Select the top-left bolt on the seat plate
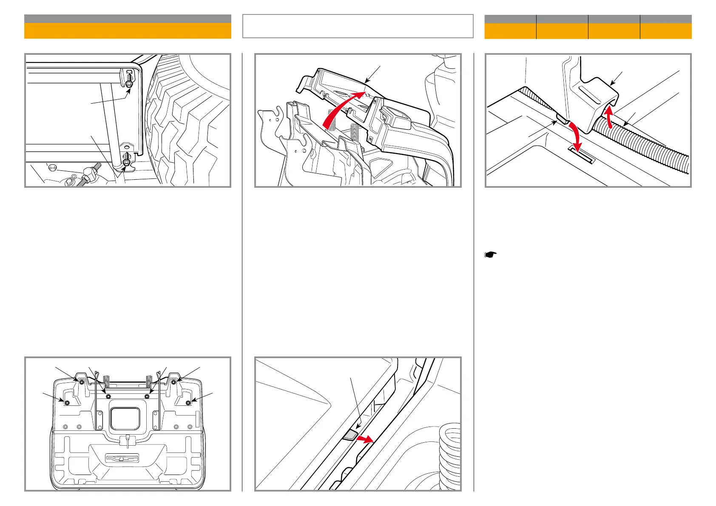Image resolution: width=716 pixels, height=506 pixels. [81, 382]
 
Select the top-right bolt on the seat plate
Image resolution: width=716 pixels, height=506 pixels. [174, 382]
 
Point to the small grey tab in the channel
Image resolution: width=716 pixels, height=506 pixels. [350, 435]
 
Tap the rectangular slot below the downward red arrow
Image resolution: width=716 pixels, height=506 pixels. [581, 155]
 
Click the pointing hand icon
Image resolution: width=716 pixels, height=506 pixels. [491, 255]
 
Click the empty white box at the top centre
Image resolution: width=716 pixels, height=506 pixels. [358, 26]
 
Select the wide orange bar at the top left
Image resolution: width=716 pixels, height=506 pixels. [128, 31]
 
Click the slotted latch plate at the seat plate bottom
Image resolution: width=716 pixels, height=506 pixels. [122, 458]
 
